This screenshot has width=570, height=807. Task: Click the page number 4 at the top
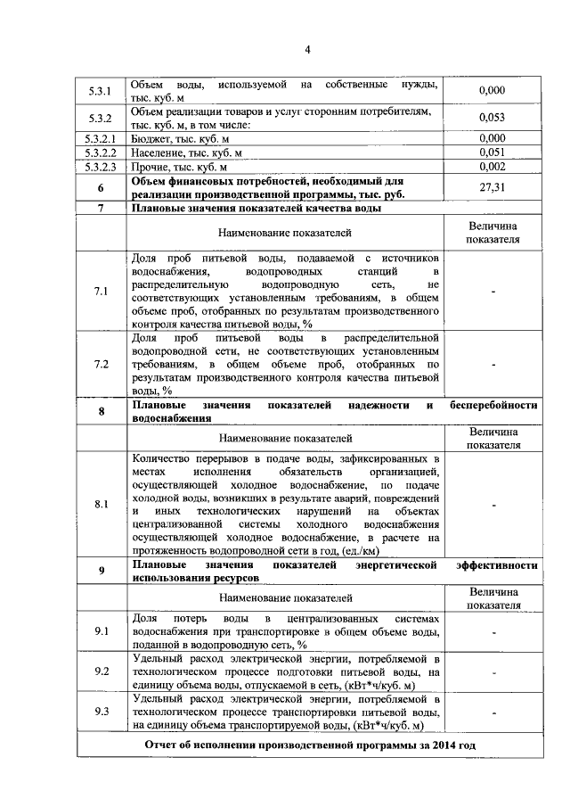306,49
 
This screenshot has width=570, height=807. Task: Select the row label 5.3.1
101,91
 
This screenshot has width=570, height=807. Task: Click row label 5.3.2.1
101,139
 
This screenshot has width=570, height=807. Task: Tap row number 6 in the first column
101,188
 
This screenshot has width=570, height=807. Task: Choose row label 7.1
101,292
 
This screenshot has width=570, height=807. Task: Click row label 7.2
101,365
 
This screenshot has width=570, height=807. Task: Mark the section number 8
101,411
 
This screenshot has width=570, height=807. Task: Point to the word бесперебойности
494,405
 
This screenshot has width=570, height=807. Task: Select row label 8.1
101,505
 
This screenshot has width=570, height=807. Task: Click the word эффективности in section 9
496,565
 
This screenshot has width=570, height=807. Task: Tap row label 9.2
101,671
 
